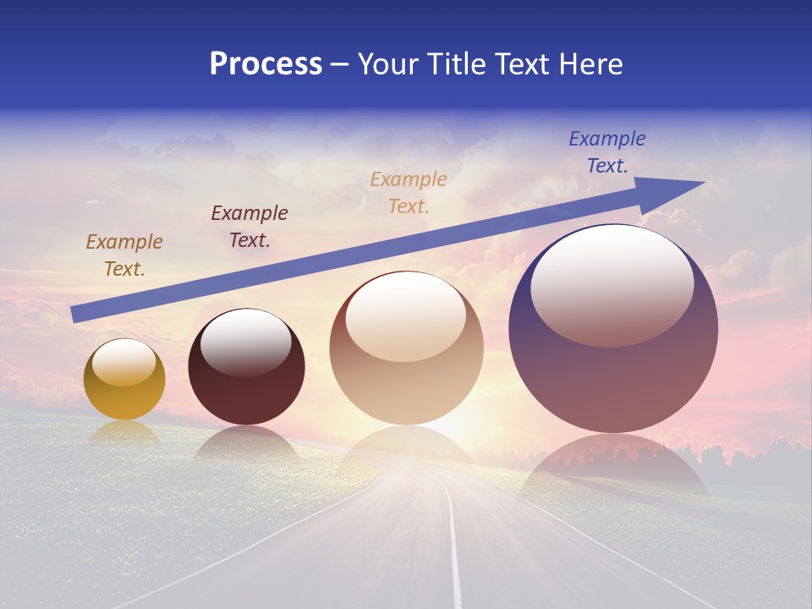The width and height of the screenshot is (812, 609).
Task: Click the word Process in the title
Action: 266,64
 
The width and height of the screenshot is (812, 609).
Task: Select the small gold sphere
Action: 124,389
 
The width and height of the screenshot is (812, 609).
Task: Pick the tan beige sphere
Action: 406,372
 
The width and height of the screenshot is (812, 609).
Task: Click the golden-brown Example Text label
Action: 124,255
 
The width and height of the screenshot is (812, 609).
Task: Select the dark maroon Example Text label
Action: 250,226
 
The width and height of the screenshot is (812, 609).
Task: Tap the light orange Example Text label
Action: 409,192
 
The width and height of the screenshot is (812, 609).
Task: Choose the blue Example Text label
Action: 607,151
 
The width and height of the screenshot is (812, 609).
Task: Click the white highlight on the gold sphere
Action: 123,363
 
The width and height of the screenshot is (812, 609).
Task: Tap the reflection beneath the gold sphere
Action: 124,432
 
